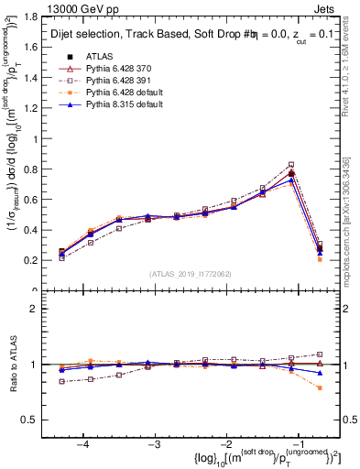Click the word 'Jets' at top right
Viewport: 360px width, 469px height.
[327, 7]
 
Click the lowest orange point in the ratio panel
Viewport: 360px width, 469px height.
[320, 387]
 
